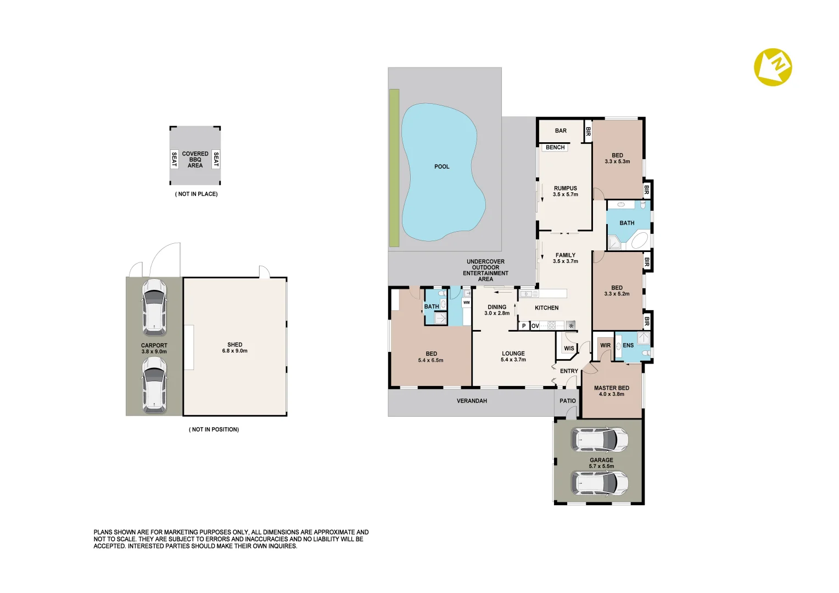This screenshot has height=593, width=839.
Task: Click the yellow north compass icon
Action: pos(773,67)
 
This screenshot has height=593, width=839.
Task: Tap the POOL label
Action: pos(441,166)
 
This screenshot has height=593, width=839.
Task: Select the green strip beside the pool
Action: pos(394,167)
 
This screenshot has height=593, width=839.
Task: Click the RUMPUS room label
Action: pos(565,188)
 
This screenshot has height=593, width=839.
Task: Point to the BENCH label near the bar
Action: pos(555,147)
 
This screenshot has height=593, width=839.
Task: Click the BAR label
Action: pos(561,131)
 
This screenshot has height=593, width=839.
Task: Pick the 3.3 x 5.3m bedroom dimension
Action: pos(617,161)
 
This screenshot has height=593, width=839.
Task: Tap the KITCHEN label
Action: pos(546,308)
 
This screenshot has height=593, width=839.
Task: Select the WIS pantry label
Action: pos(569,348)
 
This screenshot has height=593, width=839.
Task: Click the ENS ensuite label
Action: pos(628,345)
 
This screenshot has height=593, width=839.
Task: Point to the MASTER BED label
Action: pos(611,388)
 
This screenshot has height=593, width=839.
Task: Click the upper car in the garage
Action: pos(600,440)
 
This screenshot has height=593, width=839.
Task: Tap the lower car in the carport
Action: pos(154,384)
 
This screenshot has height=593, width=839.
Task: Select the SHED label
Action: pos(234,345)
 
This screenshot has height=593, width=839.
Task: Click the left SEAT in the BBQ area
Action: pos(174,159)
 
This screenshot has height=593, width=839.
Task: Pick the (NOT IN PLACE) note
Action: pos(196,194)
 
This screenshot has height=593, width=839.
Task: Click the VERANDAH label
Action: pos(472,401)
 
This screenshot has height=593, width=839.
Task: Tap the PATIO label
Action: pos(568,401)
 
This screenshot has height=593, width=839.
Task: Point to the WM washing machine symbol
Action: pos(466,303)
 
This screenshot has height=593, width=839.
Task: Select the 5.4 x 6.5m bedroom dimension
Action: pos(430,360)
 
